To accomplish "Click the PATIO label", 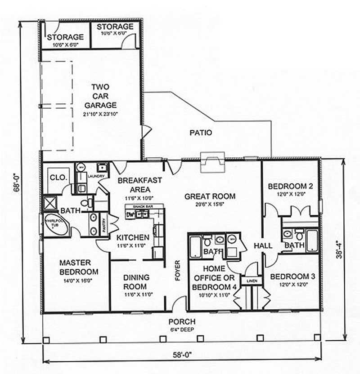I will (201, 133).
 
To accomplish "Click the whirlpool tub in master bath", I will (56, 225).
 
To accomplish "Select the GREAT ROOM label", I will (210, 196).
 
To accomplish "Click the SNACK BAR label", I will (141, 207).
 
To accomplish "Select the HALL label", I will (263, 246).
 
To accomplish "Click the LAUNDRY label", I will (96, 176).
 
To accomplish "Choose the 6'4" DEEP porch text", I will (182, 329).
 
